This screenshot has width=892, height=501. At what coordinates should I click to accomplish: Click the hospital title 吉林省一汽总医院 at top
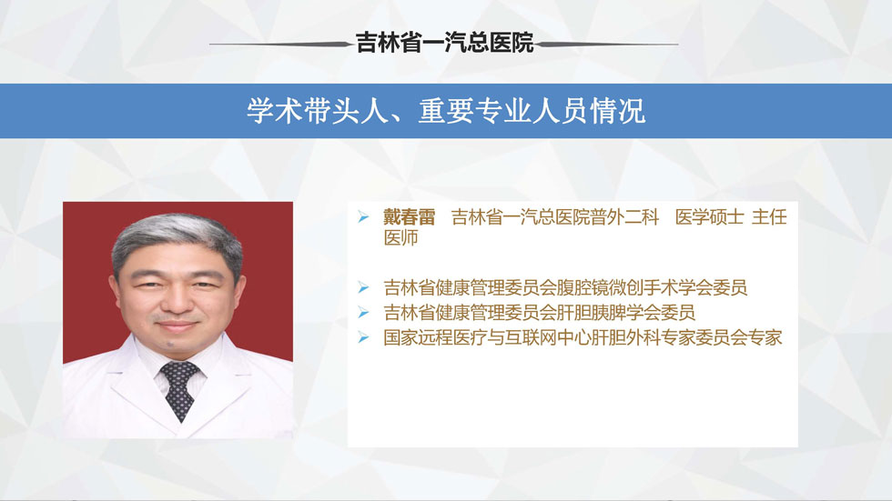tap(445, 43)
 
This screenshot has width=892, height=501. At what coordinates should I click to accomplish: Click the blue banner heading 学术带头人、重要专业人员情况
tap(446, 111)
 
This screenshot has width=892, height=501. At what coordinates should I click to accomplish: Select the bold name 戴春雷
tap(409, 217)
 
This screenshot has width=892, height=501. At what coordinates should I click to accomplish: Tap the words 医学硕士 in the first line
tap(709, 217)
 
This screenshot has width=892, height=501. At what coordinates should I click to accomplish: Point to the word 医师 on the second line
tap(401, 237)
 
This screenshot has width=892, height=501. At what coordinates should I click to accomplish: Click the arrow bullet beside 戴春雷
tap(363, 216)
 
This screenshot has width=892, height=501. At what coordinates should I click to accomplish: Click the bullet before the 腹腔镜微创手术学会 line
tap(363, 287)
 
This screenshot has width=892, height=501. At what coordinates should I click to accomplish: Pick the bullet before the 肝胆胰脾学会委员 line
tap(363, 312)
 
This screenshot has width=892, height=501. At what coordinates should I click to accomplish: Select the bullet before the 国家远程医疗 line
tap(363, 337)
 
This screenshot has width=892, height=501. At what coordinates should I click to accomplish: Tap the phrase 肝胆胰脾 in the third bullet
tap(608, 313)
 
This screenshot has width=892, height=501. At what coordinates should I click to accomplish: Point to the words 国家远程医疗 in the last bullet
tap(435, 337)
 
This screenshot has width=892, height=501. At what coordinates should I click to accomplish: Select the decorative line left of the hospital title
tap(282, 44)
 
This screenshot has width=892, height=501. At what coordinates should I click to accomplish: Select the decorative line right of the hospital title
tap(606, 44)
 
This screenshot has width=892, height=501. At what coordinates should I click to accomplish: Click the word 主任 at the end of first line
tap(770, 217)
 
